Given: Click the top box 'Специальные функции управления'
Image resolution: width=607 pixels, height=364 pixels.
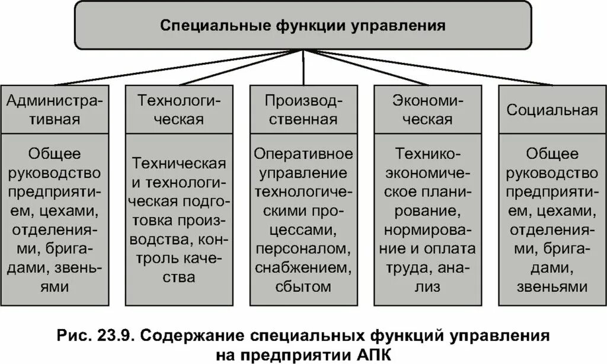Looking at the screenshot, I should [x=303, y=26].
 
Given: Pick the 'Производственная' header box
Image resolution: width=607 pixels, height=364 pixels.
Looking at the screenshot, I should [x=303, y=110].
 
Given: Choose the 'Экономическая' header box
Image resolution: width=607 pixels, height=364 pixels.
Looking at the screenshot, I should [x=427, y=110].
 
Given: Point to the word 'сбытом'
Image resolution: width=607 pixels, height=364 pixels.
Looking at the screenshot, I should [x=303, y=287].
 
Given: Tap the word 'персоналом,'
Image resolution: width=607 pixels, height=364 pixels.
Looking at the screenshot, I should [x=303, y=249].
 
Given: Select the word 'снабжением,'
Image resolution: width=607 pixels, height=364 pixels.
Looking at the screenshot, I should [x=303, y=268].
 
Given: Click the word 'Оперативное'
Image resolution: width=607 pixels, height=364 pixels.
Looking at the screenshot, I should [x=303, y=154].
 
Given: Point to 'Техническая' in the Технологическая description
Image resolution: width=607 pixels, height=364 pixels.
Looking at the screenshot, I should [x=179, y=163].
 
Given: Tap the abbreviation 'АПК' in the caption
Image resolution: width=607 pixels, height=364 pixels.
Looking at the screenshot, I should [x=375, y=355].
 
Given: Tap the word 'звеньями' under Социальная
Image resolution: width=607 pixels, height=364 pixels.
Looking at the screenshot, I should [x=552, y=287].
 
